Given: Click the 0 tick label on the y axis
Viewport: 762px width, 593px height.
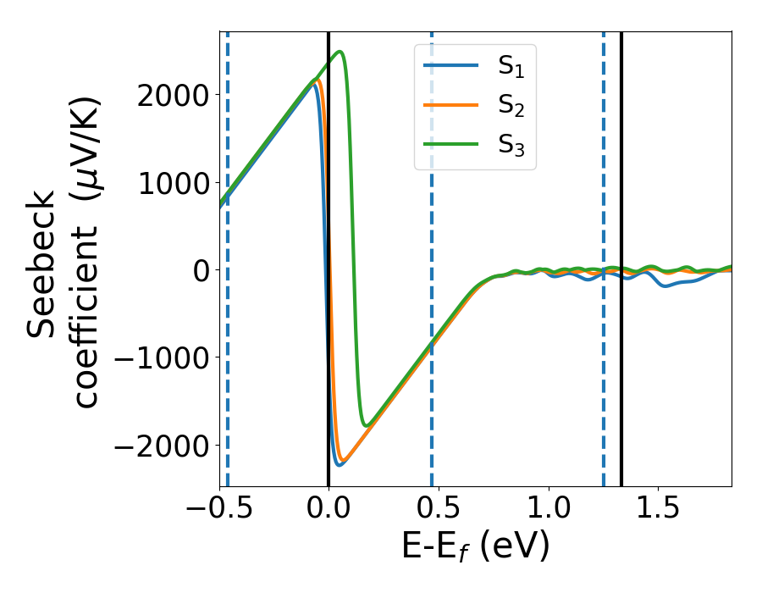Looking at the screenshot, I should (x=198, y=270).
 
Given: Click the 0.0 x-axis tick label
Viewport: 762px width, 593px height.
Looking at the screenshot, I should (x=329, y=511).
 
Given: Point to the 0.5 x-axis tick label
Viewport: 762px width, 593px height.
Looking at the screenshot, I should (x=439, y=511).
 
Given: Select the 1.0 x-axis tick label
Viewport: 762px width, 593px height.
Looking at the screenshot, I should (x=549, y=511).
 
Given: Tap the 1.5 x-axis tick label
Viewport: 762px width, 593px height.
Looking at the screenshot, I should (x=659, y=511).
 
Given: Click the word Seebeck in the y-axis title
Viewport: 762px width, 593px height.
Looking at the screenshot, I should (x=42, y=265).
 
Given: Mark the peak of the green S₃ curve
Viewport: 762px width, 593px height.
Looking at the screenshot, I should (x=340, y=52).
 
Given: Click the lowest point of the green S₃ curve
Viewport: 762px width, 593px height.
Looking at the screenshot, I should (x=367, y=425).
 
